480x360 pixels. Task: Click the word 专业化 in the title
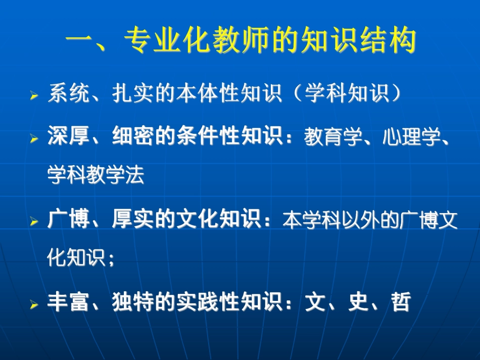pyautogui.click(x=167, y=40)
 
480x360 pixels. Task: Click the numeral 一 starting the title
pyautogui.click(x=79, y=40)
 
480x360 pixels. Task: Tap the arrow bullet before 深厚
pyautogui.click(x=34, y=138)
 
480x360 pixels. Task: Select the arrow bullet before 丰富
pyautogui.click(x=34, y=304)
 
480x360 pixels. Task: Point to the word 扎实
pyautogui.click(x=133, y=93)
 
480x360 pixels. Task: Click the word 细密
pyautogui.click(x=133, y=136)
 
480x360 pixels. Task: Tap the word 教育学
pyautogui.click(x=333, y=136)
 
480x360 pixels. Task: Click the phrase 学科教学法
pyautogui.click(x=96, y=175)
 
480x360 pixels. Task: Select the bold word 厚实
pyautogui.click(x=133, y=219)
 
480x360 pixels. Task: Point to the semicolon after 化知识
pyautogui.click(x=111, y=261)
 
